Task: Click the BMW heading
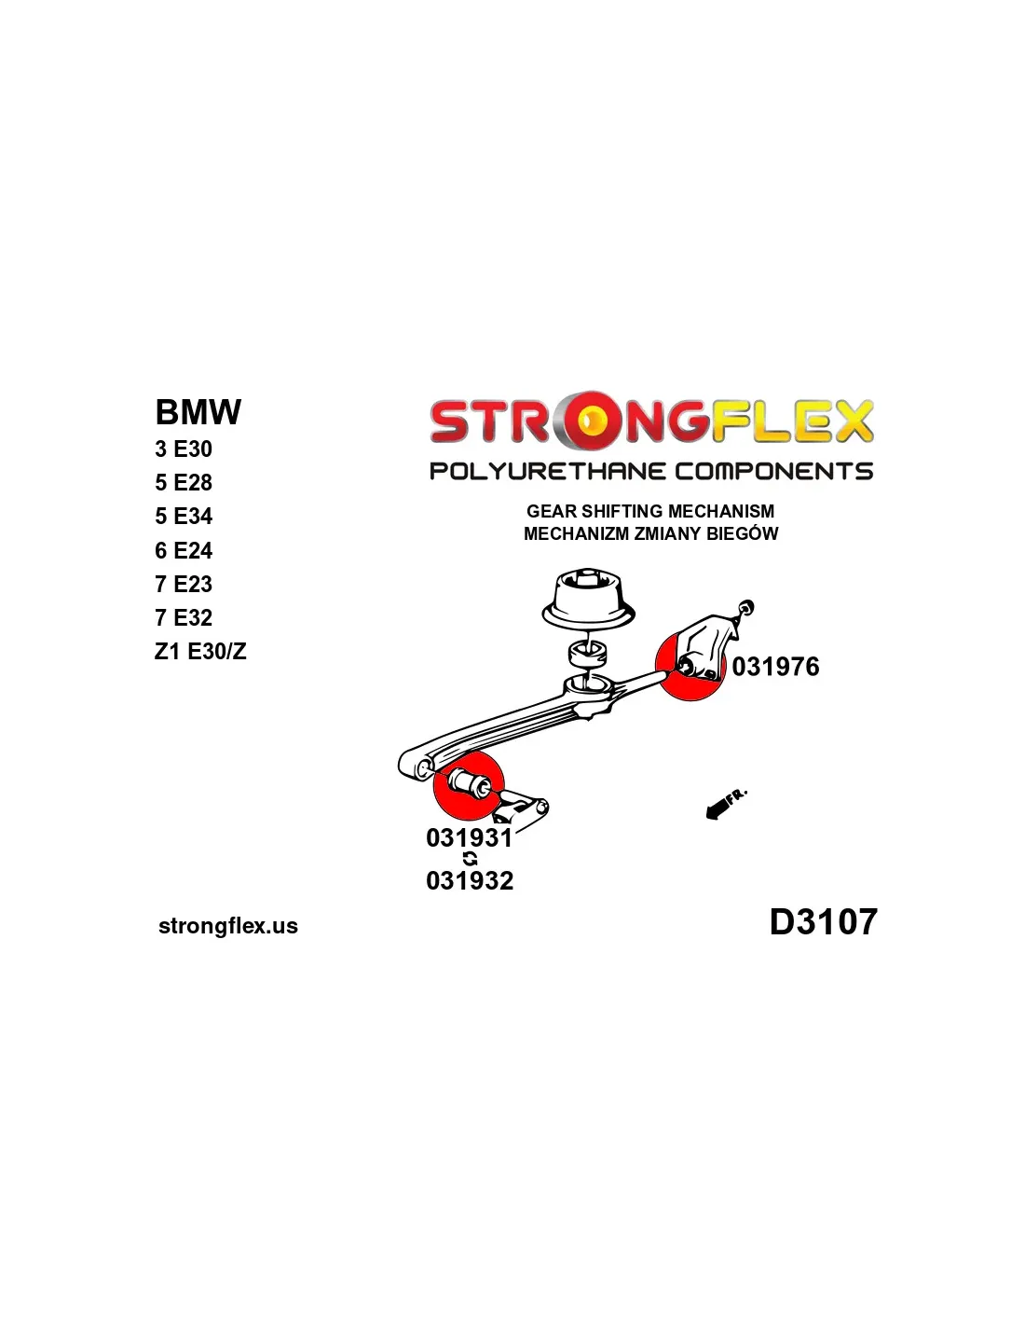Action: (x=198, y=412)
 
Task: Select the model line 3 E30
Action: (x=184, y=449)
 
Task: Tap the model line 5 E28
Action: (x=184, y=483)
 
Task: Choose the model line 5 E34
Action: (x=184, y=517)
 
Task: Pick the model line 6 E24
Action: (x=184, y=550)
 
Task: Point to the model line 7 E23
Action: (x=184, y=584)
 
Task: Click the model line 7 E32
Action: (x=184, y=617)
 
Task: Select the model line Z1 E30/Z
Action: (x=200, y=652)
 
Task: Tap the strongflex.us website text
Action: (x=228, y=926)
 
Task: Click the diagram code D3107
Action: (x=823, y=921)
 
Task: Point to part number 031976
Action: (x=775, y=667)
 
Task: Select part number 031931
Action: (x=470, y=837)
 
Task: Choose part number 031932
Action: (x=470, y=880)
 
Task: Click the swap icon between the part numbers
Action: (x=471, y=859)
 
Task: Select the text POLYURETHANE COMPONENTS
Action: (x=651, y=472)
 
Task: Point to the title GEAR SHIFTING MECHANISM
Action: (x=650, y=511)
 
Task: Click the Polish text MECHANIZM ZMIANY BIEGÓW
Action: (x=650, y=533)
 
